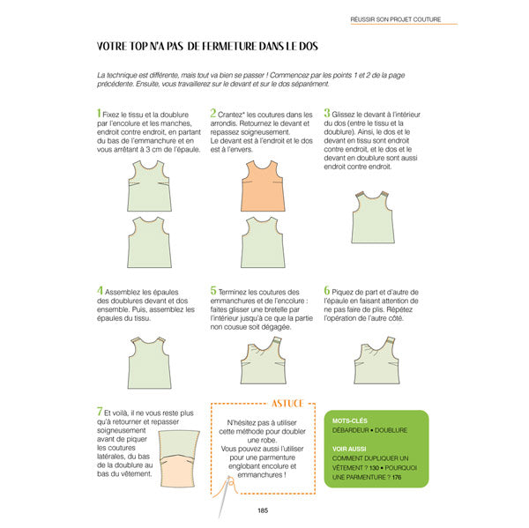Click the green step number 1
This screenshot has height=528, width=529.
[99, 114]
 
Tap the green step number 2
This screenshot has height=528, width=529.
[212, 114]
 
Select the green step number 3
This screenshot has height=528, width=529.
[327, 114]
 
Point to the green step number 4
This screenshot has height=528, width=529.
[100, 290]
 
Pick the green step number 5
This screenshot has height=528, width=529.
[213, 290]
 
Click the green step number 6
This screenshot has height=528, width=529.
[327, 290]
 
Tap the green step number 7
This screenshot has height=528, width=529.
[100, 412]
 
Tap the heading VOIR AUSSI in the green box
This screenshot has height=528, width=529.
[350, 448]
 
